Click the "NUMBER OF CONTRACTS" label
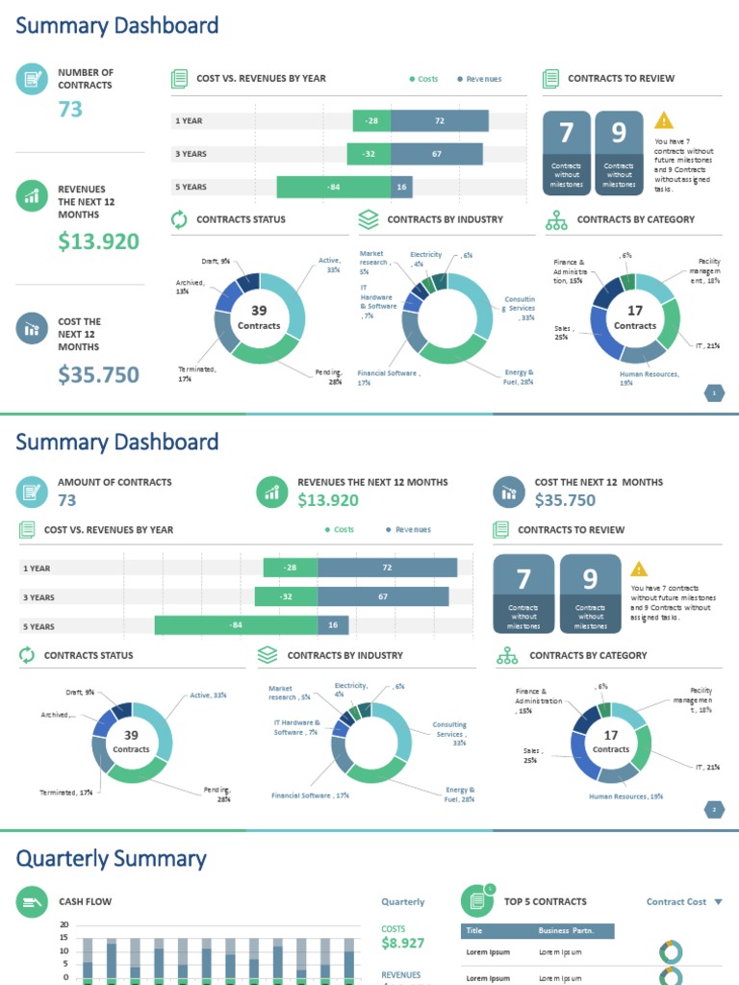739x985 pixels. [x=85, y=79]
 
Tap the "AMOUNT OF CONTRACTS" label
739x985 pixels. [x=115, y=482]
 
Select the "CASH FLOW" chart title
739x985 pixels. [x=85, y=901]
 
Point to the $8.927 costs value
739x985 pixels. [x=403, y=944]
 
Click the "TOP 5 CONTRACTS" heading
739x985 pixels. [x=545, y=901]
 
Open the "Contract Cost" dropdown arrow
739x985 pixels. [x=717, y=902]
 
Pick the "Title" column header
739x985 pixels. [x=474, y=931]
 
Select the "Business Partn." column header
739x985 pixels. [x=566, y=931]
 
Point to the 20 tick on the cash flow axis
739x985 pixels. [x=64, y=925]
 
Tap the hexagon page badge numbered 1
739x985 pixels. [x=715, y=392]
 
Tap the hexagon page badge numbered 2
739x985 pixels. [x=715, y=810]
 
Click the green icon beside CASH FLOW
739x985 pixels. [x=32, y=901]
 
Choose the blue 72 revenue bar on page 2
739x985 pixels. [x=387, y=568]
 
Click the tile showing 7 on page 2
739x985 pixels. [x=523, y=593]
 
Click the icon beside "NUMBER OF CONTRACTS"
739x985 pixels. [x=32, y=79]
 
